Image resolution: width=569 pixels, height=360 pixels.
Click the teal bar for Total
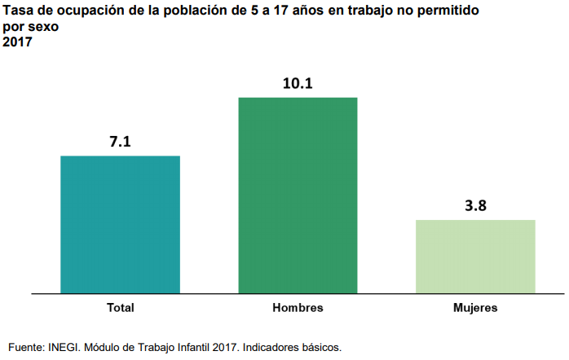(x=120, y=224)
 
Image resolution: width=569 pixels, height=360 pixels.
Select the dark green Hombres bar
(x=298, y=195)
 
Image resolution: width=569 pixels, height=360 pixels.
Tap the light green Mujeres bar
(x=475, y=256)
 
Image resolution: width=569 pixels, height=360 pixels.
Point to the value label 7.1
(x=121, y=142)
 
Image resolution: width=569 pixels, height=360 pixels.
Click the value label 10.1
(x=298, y=83)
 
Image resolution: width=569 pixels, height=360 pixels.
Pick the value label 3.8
(x=475, y=206)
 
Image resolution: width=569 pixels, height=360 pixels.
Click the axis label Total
(x=121, y=308)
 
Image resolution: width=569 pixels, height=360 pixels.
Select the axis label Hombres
(x=298, y=308)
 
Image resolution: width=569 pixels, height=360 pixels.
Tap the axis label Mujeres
(x=475, y=308)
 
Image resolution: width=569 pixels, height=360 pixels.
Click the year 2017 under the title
(x=17, y=42)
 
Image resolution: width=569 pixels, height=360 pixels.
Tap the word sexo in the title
(x=43, y=28)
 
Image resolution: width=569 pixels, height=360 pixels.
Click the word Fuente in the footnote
(x=25, y=347)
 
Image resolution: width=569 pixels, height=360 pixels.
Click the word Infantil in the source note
(x=187, y=347)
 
